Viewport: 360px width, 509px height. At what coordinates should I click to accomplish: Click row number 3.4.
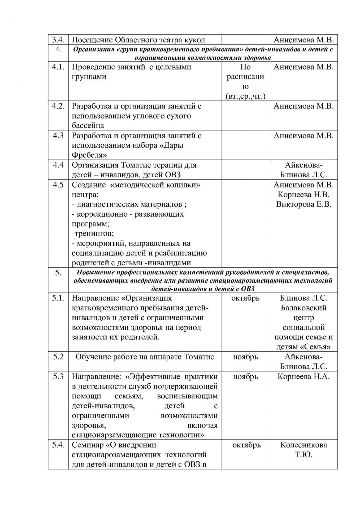[x=58, y=40]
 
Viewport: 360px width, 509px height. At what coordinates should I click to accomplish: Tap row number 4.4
[x=58, y=165]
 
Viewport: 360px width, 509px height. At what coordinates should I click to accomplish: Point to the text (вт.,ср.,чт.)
[x=245, y=96]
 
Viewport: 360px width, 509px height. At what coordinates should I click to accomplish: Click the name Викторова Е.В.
[x=303, y=204]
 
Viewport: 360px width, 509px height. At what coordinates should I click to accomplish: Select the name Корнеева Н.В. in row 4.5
[x=303, y=195]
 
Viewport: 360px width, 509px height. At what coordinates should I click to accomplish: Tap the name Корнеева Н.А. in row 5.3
[x=303, y=376]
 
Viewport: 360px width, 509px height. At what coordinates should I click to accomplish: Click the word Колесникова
[x=303, y=445]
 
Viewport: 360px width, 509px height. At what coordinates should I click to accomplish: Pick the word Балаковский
[x=303, y=308]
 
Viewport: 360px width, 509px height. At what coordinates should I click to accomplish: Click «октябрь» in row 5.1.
[x=245, y=298]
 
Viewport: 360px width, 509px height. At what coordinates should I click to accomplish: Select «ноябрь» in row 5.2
[x=245, y=357]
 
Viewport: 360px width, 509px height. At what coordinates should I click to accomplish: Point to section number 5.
[x=58, y=273]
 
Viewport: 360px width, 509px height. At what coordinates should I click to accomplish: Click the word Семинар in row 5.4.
[x=88, y=445]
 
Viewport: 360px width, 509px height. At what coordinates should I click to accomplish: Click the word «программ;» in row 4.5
[x=90, y=224]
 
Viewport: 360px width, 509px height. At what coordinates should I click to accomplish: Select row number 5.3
[x=58, y=376]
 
